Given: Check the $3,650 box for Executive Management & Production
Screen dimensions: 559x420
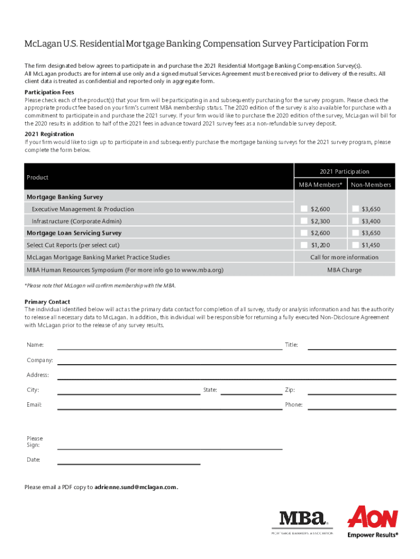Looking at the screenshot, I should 356,209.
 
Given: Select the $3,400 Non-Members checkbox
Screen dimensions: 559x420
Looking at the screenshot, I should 356,221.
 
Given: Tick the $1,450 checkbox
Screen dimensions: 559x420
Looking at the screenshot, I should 356,245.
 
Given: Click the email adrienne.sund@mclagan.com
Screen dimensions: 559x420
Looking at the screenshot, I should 136,487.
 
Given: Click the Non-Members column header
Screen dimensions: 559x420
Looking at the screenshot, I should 371,185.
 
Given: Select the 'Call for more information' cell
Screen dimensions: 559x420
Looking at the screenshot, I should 344,257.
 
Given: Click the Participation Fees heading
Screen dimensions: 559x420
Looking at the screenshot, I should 49,92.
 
